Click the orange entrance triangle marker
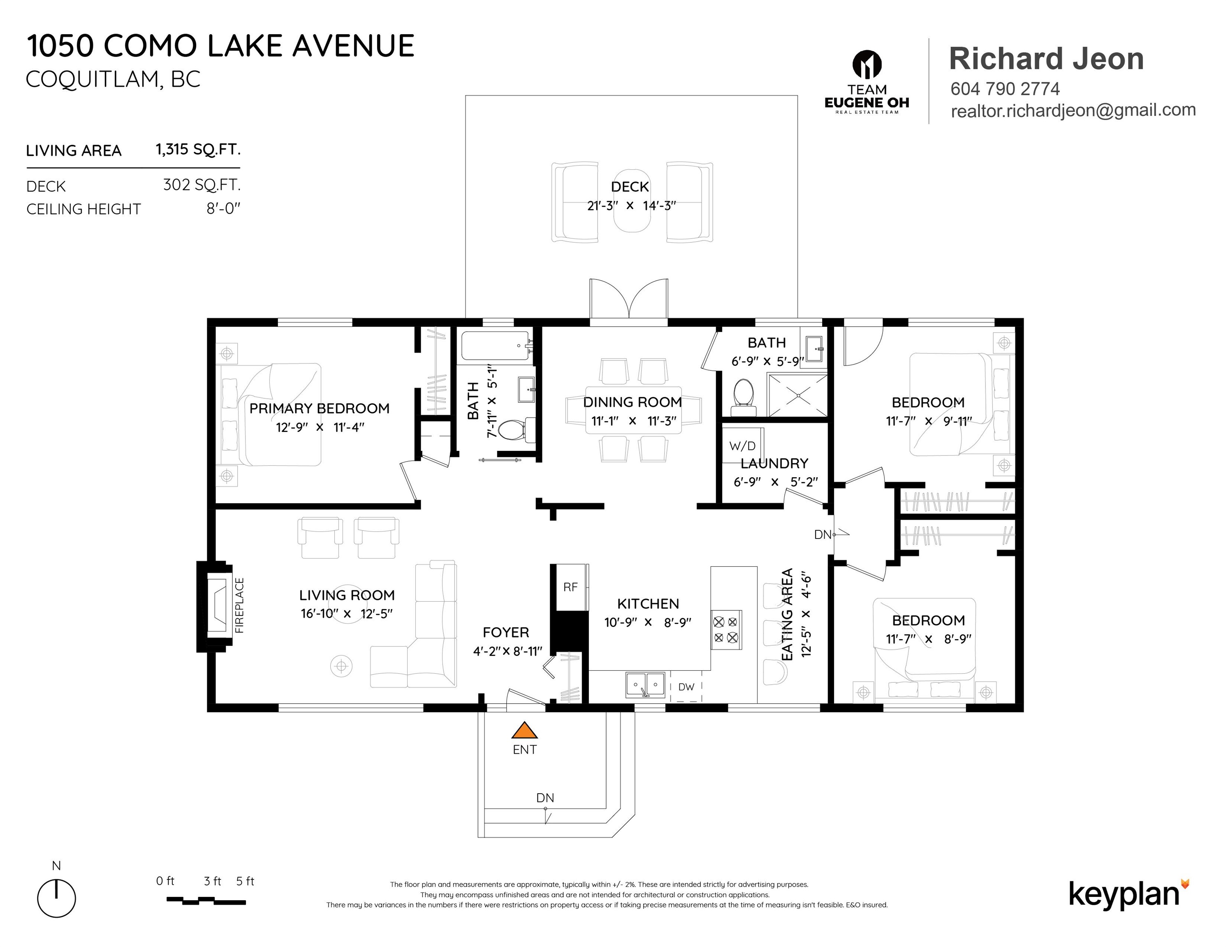tap(524, 730)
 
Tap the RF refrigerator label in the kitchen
tap(570, 587)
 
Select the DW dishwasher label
tap(686, 687)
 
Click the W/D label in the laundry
tap(742, 446)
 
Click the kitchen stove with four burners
tap(726, 629)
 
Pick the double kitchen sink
tap(646, 685)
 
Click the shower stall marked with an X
tap(797, 395)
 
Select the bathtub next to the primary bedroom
tap(496, 346)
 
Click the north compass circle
tap(56, 898)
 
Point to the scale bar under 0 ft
tap(206, 901)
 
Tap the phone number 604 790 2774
tap(1005, 89)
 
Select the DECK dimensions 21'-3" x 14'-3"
tap(631, 206)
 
